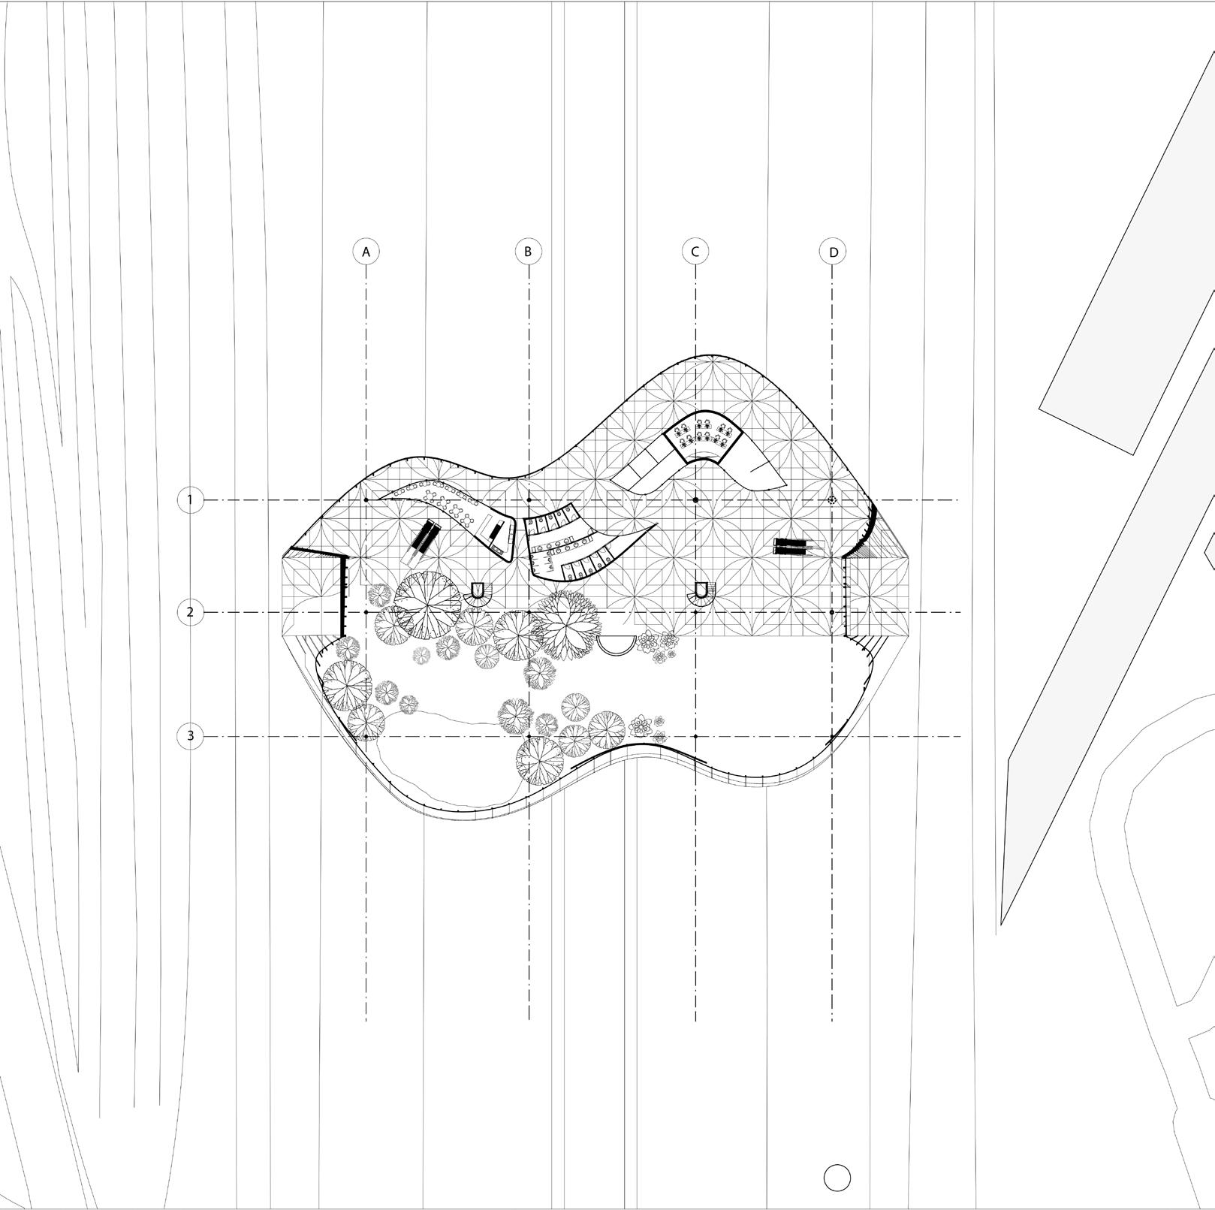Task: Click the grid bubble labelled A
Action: pos(366,252)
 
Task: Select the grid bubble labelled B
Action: pos(529,252)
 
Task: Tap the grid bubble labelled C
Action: pos(695,252)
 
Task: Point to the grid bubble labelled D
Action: pos(832,252)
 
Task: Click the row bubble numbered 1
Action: pos(190,499)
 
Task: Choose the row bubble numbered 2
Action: pos(190,612)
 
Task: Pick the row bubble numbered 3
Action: pos(190,736)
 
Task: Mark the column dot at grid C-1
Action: pos(695,499)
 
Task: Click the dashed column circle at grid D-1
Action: pos(832,499)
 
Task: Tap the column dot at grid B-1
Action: pos(529,499)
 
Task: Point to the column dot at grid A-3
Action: pos(366,737)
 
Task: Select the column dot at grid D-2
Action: pos(832,612)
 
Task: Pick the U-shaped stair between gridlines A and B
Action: pos(476,593)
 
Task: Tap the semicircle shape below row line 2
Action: pos(617,644)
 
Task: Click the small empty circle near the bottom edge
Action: pos(837,1178)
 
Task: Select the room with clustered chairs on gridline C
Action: pos(704,436)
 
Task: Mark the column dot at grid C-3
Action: pos(695,737)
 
